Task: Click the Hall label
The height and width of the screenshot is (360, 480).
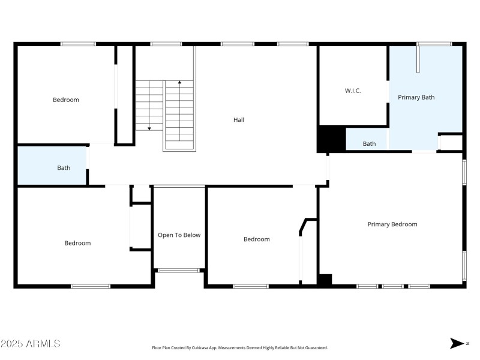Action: click(x=239, y=119)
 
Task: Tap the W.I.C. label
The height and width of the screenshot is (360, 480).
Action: click(x=353, y=91)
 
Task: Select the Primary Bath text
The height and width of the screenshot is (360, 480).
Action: click(x=416, y=97)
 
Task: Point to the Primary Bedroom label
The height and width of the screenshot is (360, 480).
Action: click(x=392, y=224)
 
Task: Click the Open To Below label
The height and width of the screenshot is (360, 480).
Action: click(x=179, y=235)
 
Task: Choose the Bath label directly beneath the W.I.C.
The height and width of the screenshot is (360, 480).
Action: click(x=369, y=143)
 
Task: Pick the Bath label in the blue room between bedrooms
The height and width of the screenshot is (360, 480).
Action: click(x=64, y=168)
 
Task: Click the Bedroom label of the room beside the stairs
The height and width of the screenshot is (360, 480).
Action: click(x=66, y=100)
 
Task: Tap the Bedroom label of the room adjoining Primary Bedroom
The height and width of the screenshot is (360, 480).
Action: click(x=256, y=239)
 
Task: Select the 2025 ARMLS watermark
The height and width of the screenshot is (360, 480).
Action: click(x=30, y=344)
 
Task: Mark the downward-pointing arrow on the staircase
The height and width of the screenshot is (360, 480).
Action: click(x=149, y=127)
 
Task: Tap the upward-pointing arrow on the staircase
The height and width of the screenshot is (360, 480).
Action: click(x=179, y=82)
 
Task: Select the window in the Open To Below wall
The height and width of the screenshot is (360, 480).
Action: click(x=179, y=271)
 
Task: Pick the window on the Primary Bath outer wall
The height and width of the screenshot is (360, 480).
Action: click(x=434, y=44)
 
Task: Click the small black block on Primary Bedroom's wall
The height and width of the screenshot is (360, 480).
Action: click(x=325, y=279)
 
